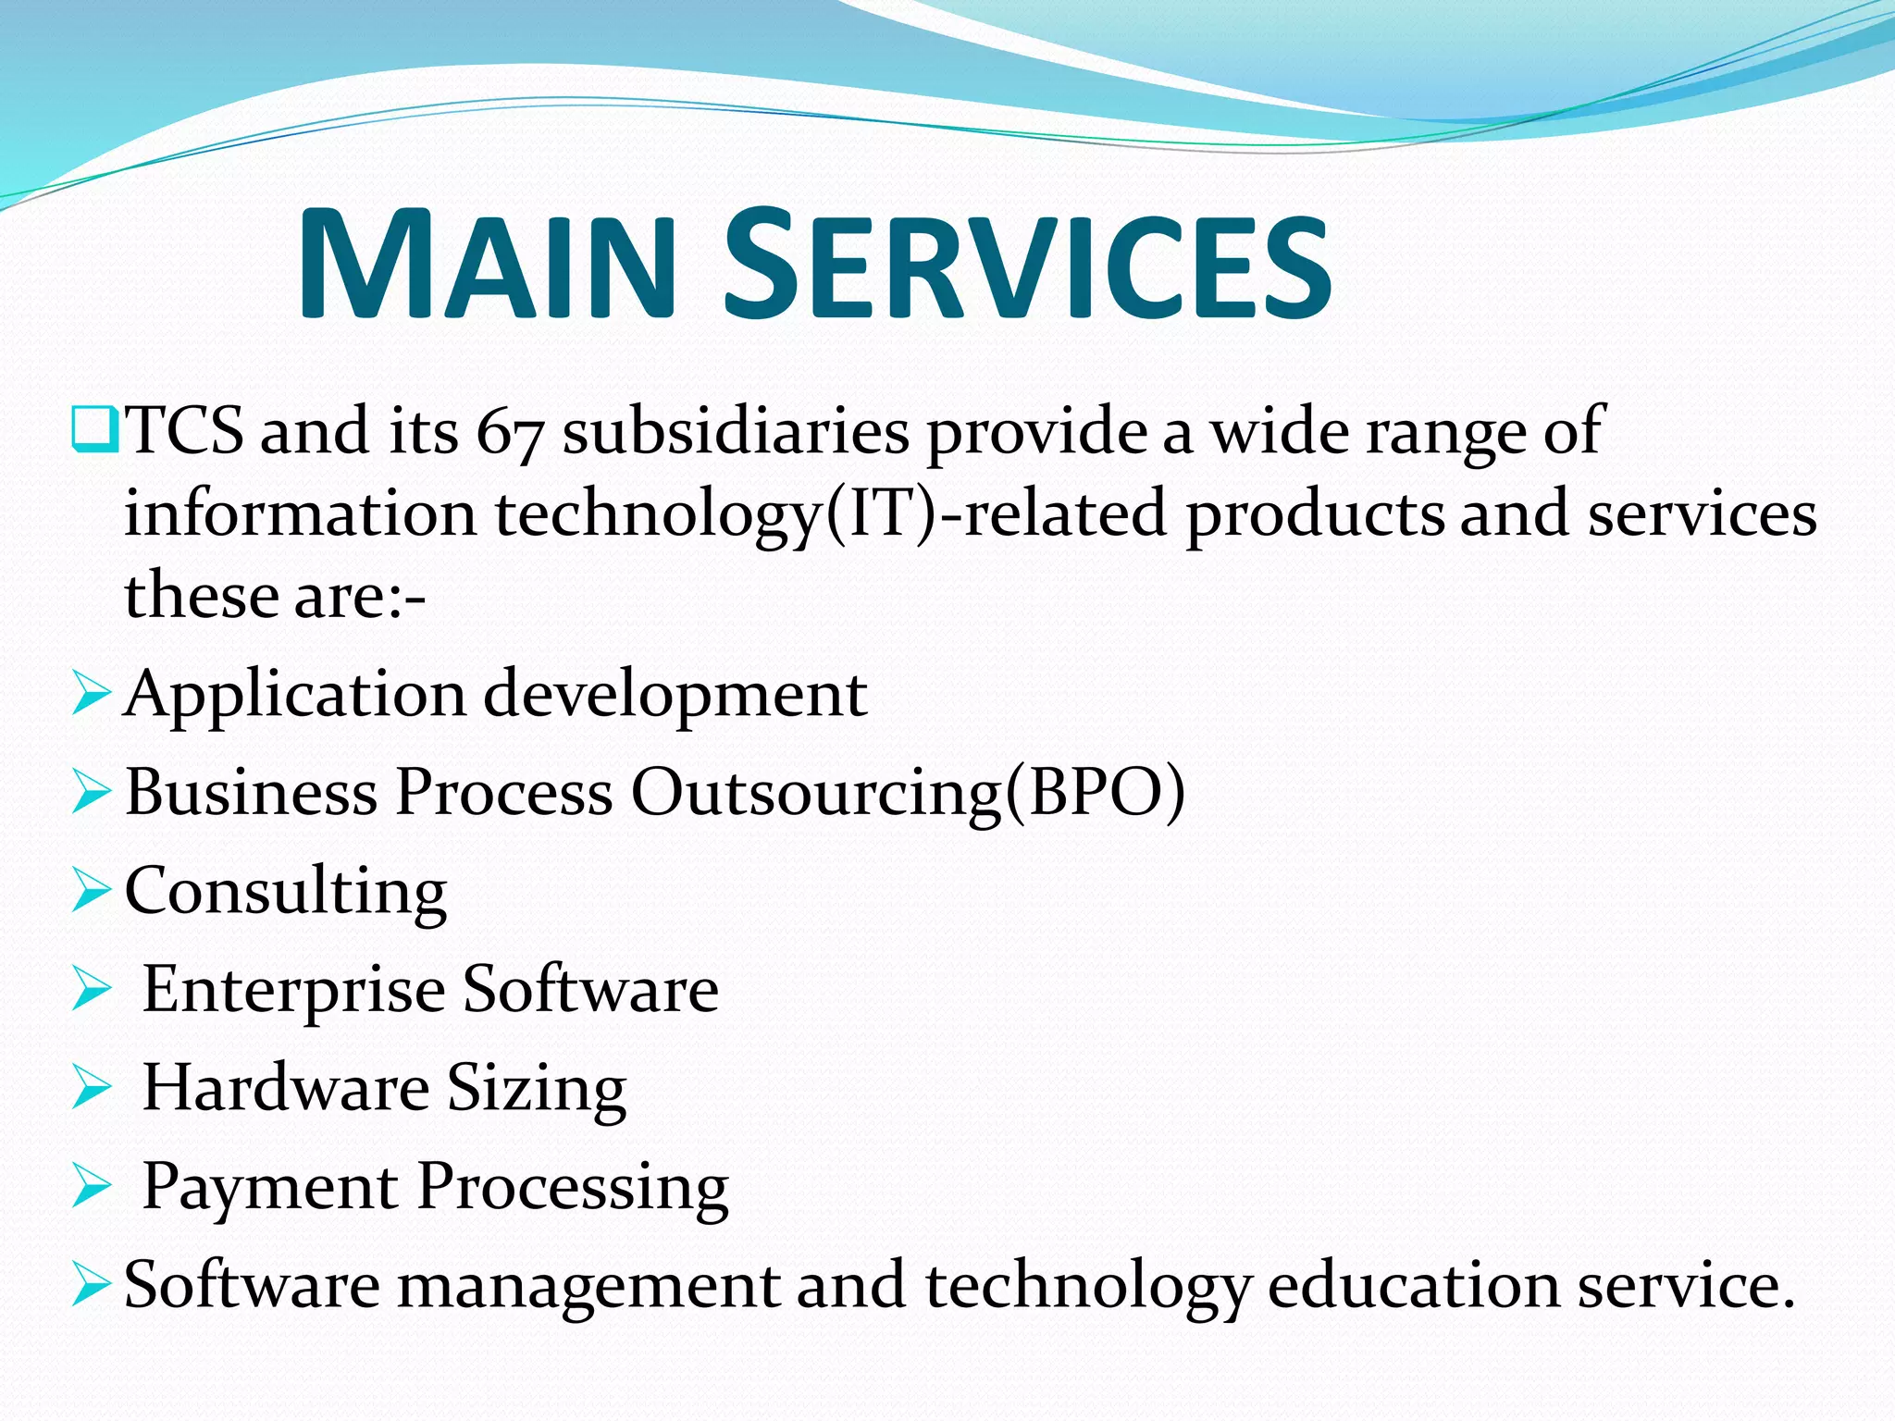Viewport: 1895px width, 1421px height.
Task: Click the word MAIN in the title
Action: click(x=487, y=266)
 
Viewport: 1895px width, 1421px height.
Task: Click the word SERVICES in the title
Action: click(x=1027, y=266)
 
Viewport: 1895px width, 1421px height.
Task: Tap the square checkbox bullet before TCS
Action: click(x=93, y=428)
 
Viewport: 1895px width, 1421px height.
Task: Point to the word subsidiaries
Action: click(x=736, y=432)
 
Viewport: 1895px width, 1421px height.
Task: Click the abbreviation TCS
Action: click(x=184, y=430)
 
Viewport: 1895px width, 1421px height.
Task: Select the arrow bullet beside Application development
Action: click(x=91, y=694)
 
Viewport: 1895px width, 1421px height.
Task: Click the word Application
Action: click(x=295, y=696)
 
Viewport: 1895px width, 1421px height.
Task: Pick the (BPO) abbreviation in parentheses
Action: click(x=1096, y=793)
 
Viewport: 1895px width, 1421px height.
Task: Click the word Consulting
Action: click(x=286, y=892)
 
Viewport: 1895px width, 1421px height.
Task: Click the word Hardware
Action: click(x=286, y=1087)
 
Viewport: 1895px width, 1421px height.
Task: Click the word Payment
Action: click(x=269, y=1187)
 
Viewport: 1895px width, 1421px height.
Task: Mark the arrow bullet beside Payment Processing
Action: click(x=91, y=1186)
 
